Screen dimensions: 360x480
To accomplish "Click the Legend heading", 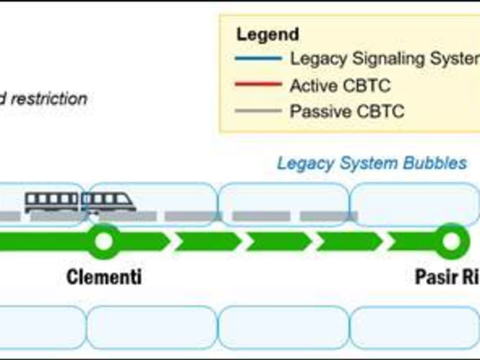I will click(x=268, y=34).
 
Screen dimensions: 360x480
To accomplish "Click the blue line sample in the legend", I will click(x=259, y=58).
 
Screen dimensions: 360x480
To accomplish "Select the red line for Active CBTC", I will click(x=259, y=85).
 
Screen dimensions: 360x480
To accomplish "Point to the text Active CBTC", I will click(x=340, y=86).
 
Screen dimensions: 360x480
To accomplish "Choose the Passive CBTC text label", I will click(x=346, y=112).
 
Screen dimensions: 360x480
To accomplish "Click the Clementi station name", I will click(x=104, y=277).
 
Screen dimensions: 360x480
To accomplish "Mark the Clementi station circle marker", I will click(x=104, y=241).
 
